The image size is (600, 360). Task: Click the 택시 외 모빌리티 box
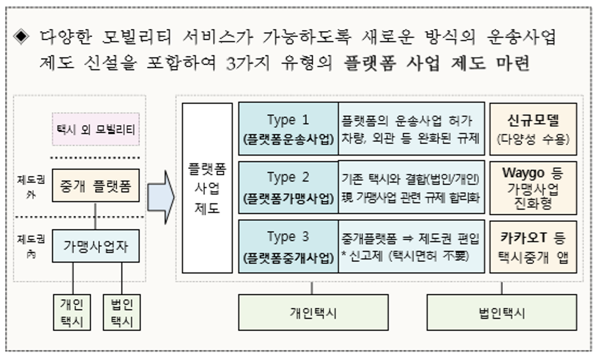pyautogui.click(x=96, y=129)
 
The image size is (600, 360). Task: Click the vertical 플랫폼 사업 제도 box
pyautogui.click(x=207, y=188)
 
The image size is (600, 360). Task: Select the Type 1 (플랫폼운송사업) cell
pyautogui.click(x=288, y=129)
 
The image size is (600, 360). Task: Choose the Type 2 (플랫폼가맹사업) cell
pyautogui.click(x=288, y=187)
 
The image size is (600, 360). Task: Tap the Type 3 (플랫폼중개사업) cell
pyautogui.click(x=288, y=246)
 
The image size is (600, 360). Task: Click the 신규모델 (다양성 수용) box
pyautogui.click(x=533, y=129)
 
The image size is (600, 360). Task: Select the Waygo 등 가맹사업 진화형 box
pyautogui.click(x=533, y=187)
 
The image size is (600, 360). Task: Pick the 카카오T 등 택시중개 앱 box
pyautogui.click(x=533, y=246)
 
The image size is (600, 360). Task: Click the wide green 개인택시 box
pyautogui.click(x=313, y=312)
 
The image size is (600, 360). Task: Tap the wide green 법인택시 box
pyautogui.click(x=501, y=312)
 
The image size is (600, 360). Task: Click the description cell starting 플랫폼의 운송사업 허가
pyautogui.click(x=411, y=129)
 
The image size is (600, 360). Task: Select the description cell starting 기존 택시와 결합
pyautogui.click(x=411, y=187)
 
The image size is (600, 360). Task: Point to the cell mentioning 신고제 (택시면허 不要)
pyautogui.click(x=411, y=246)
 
